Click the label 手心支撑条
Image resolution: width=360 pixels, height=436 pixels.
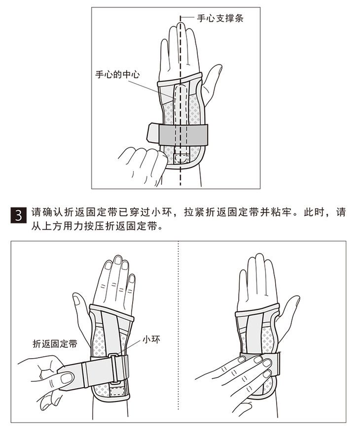click(x=220, y=18)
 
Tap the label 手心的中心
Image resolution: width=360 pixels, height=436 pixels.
click(x=117, y=74)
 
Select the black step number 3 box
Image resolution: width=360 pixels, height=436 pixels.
click(x=19, y=215)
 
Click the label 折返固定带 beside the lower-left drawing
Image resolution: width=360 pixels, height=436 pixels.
click(x=55, y=344)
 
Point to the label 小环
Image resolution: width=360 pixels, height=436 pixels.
click(x=151, y=339)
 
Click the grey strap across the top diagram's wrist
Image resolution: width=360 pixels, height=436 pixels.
click(x=183, y=134)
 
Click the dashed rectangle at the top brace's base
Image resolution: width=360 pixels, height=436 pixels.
click(x=181, y=158)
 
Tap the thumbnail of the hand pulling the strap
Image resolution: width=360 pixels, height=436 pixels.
click(x=67, y=378)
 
